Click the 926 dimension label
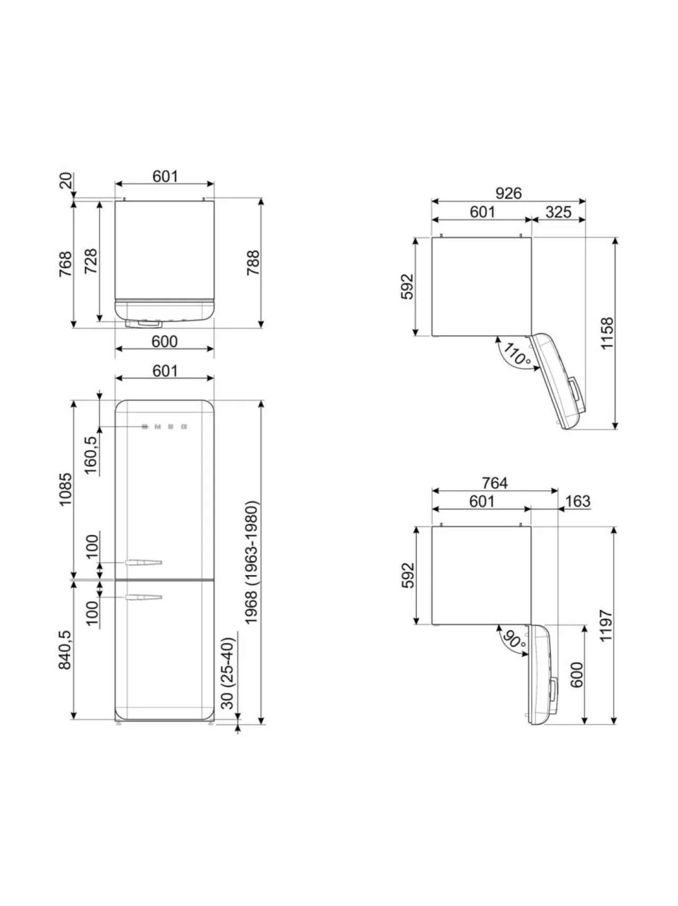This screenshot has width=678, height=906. tap(508, 193)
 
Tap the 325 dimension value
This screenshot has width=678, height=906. tap(558, 212)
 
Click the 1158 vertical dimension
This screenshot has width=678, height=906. tap(606, 332)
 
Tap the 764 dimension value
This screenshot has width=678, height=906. tap(495, 483)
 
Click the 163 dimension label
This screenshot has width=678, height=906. tap(577, 501)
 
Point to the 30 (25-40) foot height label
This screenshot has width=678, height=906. tap(227, 673)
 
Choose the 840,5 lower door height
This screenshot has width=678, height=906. tap(65, 650)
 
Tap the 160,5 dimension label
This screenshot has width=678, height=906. tap(91, 455)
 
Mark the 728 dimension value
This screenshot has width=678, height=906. tap(91, 261)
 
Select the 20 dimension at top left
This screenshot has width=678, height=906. tap(65, 181)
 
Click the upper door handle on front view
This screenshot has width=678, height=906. tap(144, 562)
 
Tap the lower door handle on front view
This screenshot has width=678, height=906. tap(144, 598)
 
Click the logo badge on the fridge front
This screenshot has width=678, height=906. tap(165, 426)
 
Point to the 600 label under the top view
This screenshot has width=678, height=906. tap(164, 341)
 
